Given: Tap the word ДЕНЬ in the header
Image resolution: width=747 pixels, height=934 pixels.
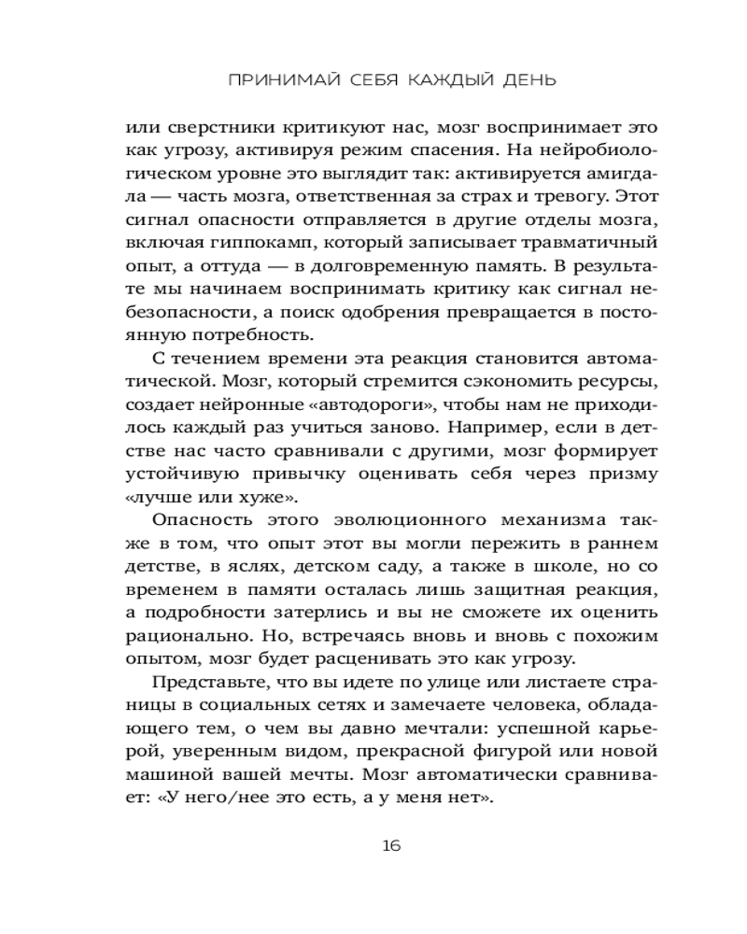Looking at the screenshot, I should tap(524, 80).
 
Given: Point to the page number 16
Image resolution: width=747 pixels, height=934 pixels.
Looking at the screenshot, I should tap(391, 846).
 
